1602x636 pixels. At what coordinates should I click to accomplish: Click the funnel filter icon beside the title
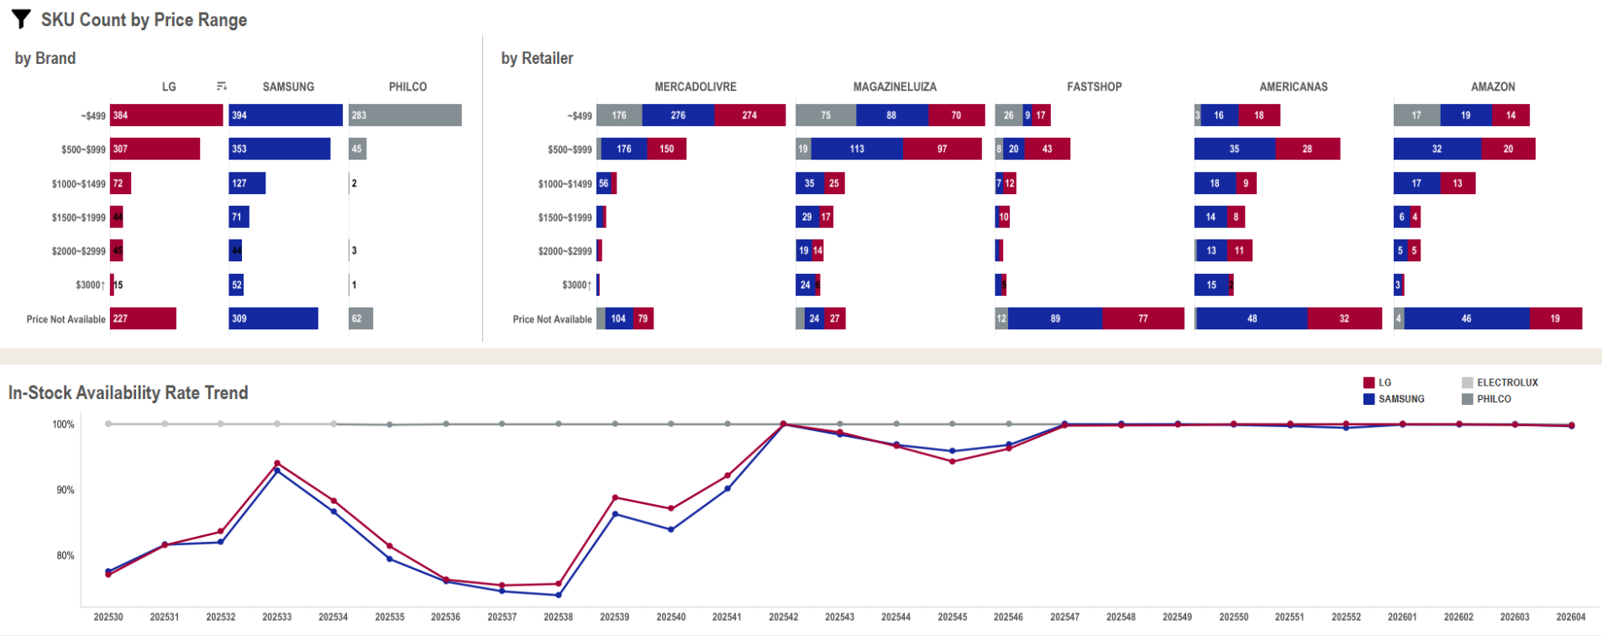tap(22, 19)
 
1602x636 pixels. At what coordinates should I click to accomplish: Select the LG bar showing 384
tap(166, 115)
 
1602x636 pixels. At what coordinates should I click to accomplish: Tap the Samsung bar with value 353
tap(280, 149)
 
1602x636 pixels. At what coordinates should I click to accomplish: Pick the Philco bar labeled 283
tap(405, 115)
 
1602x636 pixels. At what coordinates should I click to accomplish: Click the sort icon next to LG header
tap(222, 87)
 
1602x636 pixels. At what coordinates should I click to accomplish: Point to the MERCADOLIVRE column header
tap(696, 87)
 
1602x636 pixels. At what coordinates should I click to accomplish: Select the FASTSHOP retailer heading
tap(1094, 87)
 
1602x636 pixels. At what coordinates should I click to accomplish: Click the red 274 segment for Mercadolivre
tap(749, 115)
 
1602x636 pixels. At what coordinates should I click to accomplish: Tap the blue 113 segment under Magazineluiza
tap(857, 149)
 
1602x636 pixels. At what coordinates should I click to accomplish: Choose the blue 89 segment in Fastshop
tap(1055, 318)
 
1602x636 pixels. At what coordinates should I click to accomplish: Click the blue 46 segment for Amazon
tap(1466, 318)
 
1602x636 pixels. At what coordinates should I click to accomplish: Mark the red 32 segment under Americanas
tap(1344, 318)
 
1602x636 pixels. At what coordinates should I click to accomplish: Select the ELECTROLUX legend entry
tap(1507, 382)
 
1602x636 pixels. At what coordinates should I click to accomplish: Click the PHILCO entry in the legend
tap(1494, 399)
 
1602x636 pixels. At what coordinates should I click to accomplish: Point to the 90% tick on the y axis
tap(66, 490)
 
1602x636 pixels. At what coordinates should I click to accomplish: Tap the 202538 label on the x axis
tap(558, 617)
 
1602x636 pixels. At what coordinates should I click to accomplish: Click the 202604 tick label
tap(1570, 617)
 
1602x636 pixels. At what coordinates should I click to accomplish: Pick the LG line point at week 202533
tap(277, 463)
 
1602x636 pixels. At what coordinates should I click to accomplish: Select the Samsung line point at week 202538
tap(559, 595)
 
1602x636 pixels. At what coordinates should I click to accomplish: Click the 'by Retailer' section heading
tap(537, 58)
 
